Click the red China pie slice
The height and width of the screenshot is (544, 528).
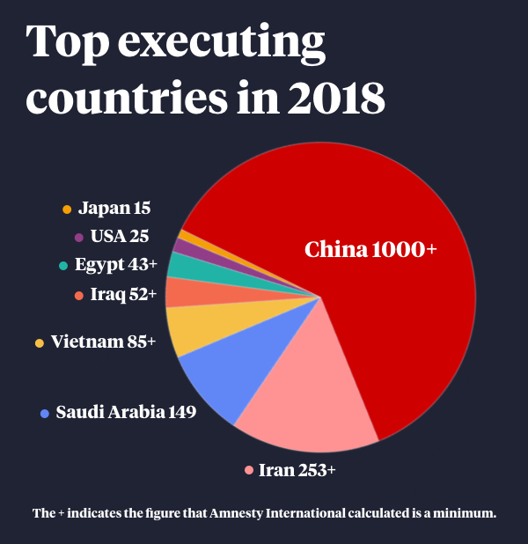pos(387,317)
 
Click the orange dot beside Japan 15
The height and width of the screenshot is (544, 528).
pos(67,210)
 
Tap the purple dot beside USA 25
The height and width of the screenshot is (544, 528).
pos(79,237)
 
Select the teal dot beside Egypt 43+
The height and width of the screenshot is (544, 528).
pos(63,266)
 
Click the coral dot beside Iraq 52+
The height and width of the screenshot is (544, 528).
pos(79,296)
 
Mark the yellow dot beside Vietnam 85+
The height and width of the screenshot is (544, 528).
pos(40,342)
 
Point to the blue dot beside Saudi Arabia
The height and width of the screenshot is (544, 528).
pos(45,413)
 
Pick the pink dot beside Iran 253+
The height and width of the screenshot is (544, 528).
pos(249,471)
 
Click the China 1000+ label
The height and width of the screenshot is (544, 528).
pos(370,250)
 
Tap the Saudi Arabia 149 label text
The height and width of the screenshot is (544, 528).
pos(126,412)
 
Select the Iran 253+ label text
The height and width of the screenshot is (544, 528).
pos(297,470)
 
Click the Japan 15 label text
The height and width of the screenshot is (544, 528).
pos(114,209)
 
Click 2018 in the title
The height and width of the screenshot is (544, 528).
pos(339,98)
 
